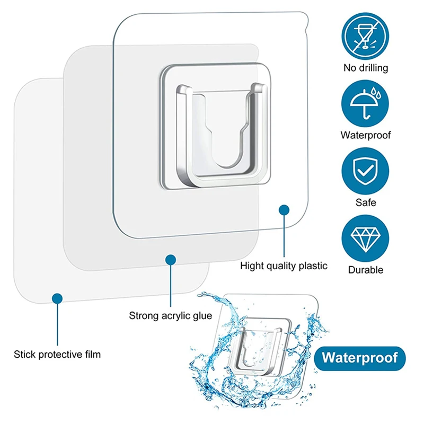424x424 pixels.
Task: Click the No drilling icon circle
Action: point(365,34)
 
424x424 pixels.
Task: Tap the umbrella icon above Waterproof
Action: point(365,102)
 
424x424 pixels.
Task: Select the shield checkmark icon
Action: point(365,169)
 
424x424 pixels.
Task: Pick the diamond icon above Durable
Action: point(365,236)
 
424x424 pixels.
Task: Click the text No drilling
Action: point(365,67)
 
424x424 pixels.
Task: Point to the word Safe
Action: point(365,202)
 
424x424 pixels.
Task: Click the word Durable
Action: point(365,270)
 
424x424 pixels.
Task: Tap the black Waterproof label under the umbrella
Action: point(365,135)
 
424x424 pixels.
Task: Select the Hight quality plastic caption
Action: point(284,266)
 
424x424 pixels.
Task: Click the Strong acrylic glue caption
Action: point(171,316)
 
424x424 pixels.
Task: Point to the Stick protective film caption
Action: point(57,354)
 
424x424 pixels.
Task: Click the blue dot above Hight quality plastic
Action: point(285,210)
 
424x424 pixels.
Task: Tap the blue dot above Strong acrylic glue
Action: point(170,260)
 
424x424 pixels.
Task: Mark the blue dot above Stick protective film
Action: point(57,298)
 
